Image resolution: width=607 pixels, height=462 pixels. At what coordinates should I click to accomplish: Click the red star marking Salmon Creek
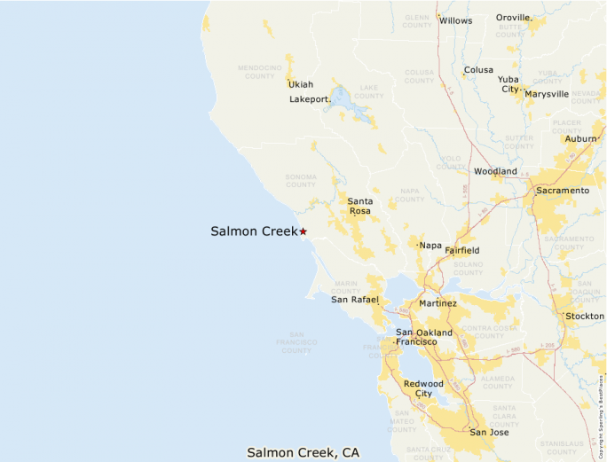[x=303, y=231]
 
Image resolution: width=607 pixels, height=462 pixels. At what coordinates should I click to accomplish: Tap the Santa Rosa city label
[x=359, y=207]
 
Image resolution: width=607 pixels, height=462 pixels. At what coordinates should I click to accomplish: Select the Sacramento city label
[x=562, y=191]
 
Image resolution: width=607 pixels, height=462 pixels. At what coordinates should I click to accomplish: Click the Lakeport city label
[x=310, y=99]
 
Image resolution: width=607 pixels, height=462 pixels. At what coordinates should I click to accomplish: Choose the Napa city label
[x=430, y=246]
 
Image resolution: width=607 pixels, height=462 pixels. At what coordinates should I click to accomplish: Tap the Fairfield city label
[x=462, y=251]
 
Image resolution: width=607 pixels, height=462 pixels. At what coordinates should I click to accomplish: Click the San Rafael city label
[x=355, y=300]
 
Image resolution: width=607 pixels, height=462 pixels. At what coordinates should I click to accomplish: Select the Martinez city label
[x=438, y=303]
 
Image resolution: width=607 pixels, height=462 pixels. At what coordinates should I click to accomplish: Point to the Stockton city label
[x=586, y=316]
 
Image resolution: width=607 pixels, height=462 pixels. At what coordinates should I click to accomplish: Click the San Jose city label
[x=490, y=433]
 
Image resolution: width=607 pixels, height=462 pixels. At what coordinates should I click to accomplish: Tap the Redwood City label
[x=423, y=388]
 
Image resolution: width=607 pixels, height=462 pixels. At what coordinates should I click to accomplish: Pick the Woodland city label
[x=495, y=171]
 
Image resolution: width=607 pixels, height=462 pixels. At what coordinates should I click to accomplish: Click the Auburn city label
[x=580, y=139]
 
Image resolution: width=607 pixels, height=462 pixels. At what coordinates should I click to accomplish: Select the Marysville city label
[x=547, y=94]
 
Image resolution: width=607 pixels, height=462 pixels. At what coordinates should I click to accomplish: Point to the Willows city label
[x=456, y=20]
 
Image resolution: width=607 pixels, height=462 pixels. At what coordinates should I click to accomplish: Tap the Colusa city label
[x=478, y=70]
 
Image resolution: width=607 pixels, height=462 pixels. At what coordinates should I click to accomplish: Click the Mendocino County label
[x=259, y=71]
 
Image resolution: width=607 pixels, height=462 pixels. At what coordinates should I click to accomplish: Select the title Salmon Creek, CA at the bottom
[x=303, y=452]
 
